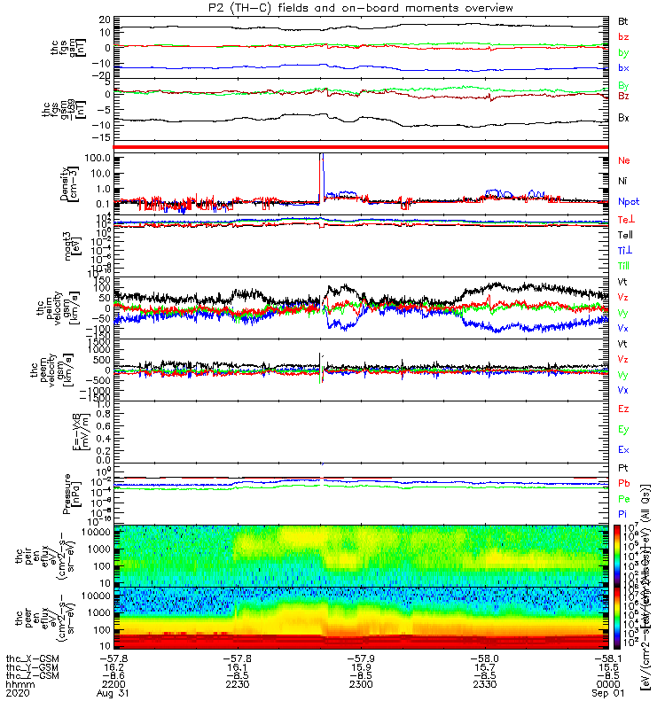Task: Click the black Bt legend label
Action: [x=623, y=19]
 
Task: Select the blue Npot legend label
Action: [x=628, y=201]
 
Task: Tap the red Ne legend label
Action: [x=623, y=161]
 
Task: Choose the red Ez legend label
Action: [x=623, y=409]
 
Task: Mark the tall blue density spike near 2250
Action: [x=323, y=164]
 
